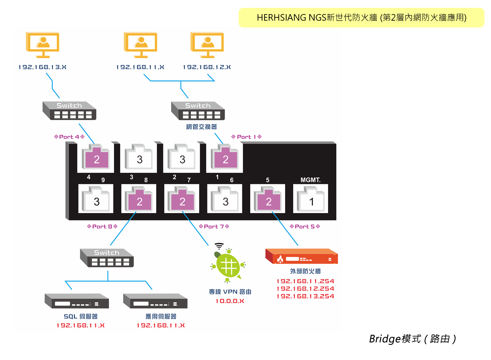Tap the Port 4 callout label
[69, 137]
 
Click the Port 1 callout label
[246, 137]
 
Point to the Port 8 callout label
[102, 226]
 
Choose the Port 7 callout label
[214, 226]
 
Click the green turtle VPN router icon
[228, 265]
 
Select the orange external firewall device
[301, 256]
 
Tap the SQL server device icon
[77, 301]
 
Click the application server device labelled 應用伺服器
[155, 301]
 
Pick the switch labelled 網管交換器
[198, 111]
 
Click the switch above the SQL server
[107, 258]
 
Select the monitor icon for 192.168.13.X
[43, 45]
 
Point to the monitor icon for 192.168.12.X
[207, 45]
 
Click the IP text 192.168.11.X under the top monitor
[140, 67]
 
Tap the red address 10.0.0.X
[230, 301]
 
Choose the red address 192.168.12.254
[305, 289]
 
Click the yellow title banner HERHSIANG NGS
[361, 18]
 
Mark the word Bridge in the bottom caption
[385, 339]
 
